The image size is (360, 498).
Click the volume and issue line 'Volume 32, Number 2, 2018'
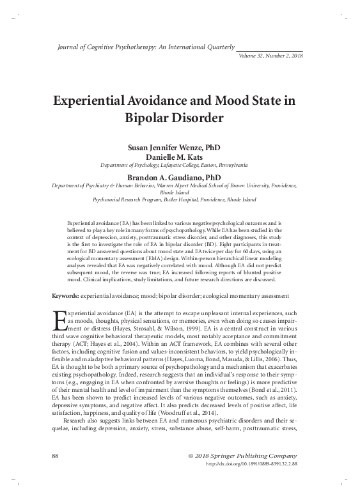pos(270,56)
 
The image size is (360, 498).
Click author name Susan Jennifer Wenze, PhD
pos(179,147)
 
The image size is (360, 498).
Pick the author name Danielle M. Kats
pos(179,156)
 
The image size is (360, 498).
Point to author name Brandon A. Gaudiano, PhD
pos(179,176)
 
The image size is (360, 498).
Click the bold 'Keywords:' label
pos(65,296)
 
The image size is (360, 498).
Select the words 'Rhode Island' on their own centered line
pos(179,191)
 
